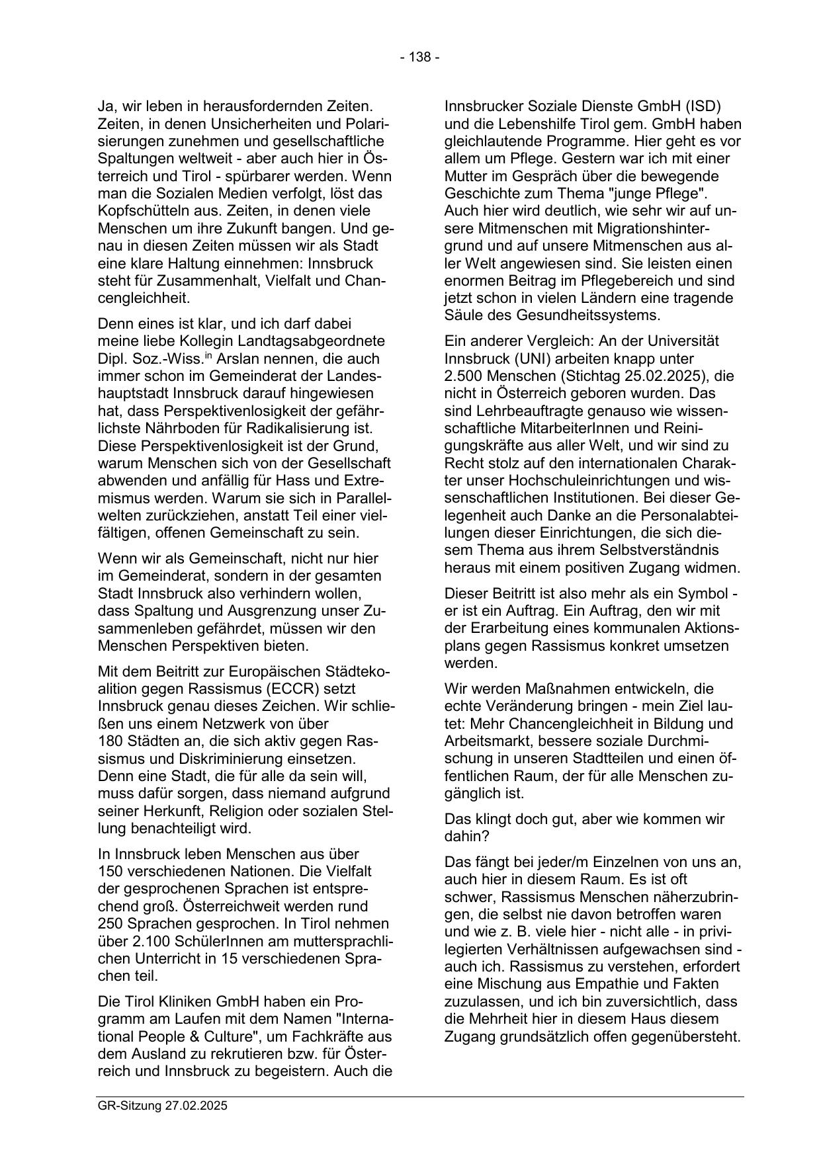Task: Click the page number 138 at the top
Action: point(419,58)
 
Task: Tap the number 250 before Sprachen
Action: point(109,923)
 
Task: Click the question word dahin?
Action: point(466,837)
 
